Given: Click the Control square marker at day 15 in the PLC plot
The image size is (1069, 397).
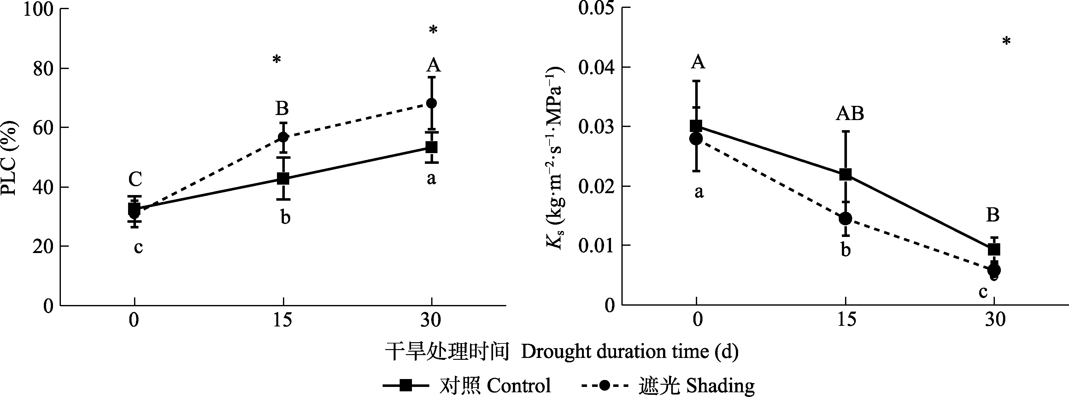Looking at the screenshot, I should (283, 179).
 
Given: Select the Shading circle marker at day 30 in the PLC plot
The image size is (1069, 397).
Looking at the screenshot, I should (432, 103).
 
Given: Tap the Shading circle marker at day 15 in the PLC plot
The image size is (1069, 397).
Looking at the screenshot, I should (283, 137).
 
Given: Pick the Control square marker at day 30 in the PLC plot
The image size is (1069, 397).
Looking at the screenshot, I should (432, 147).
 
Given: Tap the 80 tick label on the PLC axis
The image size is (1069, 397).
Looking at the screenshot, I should (43, 68).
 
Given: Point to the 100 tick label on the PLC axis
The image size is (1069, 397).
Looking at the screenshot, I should (38, 9).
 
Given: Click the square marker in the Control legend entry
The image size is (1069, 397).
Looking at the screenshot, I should (405, 386).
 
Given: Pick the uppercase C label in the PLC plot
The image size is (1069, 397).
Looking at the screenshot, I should (135, 179).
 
